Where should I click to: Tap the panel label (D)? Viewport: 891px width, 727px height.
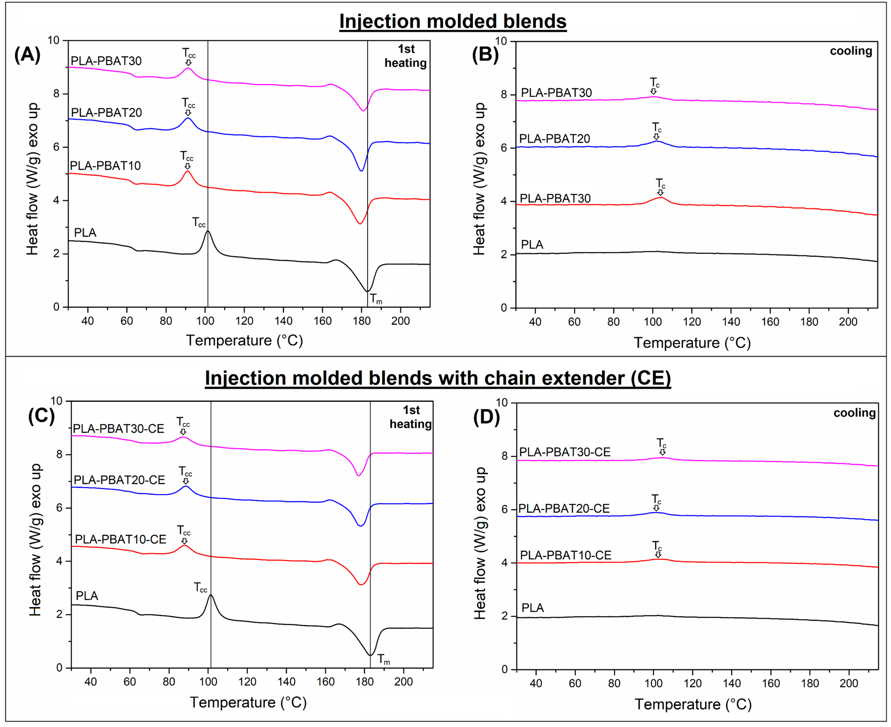coord(486,418)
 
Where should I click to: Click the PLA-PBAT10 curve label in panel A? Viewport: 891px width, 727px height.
coord(105,166)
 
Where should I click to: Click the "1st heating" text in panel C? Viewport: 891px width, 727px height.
coord(411,417)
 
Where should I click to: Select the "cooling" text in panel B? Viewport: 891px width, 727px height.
coord(851,51)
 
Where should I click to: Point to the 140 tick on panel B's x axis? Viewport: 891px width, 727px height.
coord(731,322)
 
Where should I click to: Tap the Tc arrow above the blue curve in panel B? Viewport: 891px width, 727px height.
coord(656,136)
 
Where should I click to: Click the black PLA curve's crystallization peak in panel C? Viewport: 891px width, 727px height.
coord(210,595)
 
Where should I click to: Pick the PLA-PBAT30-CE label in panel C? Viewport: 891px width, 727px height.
coord(118,429)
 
